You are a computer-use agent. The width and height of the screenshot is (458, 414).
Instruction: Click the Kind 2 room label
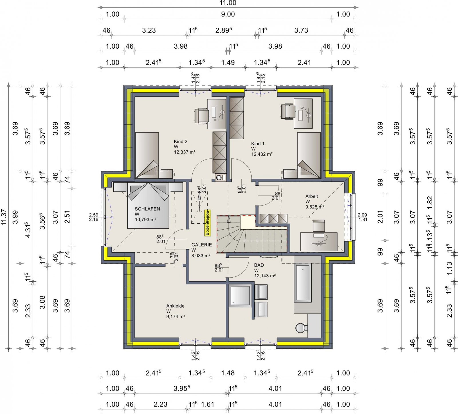pos(180,142)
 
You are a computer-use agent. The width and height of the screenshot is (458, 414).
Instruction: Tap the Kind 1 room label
pos(258,144)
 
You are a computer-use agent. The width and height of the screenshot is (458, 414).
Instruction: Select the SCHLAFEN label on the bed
pos(147,209)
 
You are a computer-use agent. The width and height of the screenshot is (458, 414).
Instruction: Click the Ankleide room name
pos(175,306)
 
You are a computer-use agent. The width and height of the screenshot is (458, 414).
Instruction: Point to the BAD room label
pos(259,265)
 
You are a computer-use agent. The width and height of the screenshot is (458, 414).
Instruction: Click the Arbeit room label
pos(311,196)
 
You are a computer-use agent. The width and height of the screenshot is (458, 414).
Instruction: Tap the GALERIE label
pos(202,245)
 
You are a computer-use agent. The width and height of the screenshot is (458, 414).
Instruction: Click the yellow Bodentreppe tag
pos(208,223)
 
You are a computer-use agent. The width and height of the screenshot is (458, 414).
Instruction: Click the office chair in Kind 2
pos(201,116)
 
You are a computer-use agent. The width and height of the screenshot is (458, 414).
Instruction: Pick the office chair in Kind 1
pos(288,112)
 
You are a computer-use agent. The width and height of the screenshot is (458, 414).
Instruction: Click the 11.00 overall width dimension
pos(228,3)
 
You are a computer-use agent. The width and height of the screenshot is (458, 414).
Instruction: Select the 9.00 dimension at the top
pos(228,14)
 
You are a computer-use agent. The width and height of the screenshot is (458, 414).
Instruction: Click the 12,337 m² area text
pos(185,152)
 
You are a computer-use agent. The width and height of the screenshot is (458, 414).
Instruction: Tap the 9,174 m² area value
pos(175,317)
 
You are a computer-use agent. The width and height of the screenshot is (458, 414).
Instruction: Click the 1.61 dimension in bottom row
pos(208,404)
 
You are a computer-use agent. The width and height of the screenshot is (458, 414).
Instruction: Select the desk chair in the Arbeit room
pos(319,226)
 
